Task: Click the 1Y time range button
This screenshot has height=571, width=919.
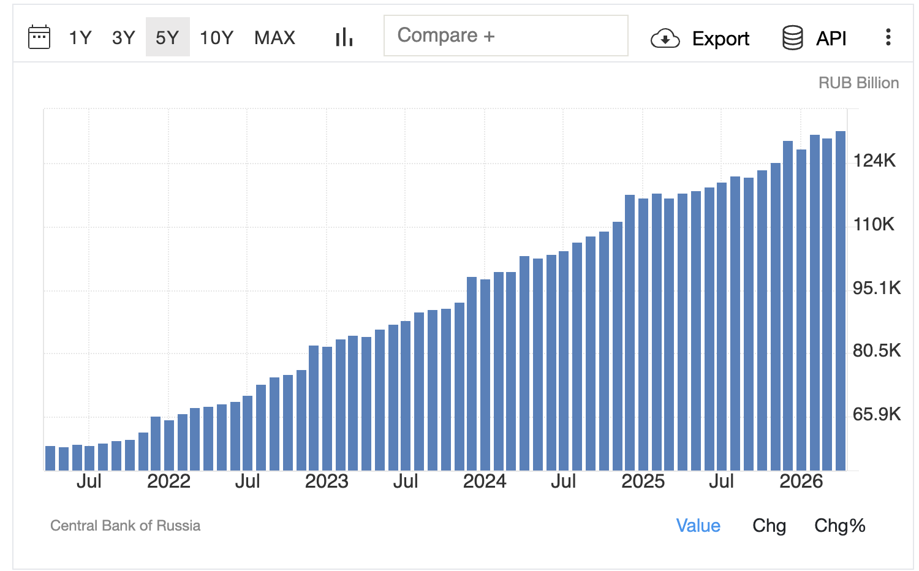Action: tap(80, 38)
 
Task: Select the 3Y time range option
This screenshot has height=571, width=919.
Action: tap(124, 38)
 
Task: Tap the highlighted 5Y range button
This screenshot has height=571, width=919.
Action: tap(167, 37)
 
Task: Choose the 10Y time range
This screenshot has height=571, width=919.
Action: tap(216, 38)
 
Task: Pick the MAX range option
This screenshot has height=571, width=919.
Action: tap(274, 38)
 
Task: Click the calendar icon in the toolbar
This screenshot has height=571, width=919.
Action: tap(39, 37)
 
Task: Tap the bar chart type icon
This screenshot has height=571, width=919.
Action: tap(344, 37)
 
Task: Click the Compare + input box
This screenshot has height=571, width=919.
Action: tap(506, 36)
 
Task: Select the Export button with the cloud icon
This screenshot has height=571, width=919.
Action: tap(700, 39)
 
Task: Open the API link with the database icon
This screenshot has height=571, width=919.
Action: tap(814, 38)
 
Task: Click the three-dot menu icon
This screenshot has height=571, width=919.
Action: tap(888, 37)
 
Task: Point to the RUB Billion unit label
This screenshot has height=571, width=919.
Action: tap(858, 83)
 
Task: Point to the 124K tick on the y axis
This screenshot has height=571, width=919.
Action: tap(874, 161)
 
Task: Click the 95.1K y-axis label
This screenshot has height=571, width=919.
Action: tap(876, 289)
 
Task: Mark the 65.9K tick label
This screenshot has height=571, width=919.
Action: tap(876, 415)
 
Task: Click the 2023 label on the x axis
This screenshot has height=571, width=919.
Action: tap(327, 482)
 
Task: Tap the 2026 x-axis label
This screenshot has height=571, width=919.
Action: tap(801, 482)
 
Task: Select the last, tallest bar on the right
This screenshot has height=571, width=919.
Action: tap(841, 301)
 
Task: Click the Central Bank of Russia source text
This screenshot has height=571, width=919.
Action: tap(125, 526)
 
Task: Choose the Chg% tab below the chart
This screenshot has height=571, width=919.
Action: tap(840, 526)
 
